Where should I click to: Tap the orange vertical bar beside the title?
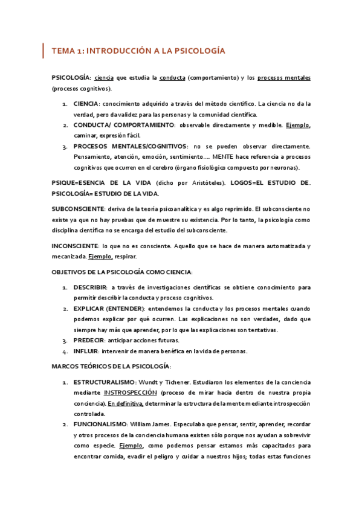(x=43, y=51)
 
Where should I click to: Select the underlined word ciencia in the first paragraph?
(x=105, y=78)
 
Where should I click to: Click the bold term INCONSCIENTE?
(x=75, y=246)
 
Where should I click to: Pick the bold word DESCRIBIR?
(x=90, y=287)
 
